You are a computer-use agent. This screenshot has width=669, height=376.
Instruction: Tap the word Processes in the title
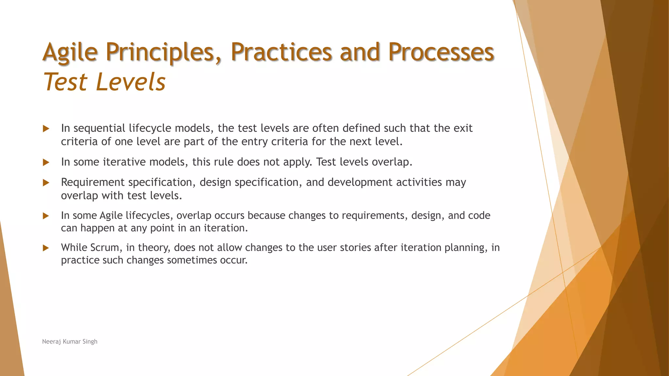[x=441, y=52]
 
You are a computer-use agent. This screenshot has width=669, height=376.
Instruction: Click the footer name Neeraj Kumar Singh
[x=70, y=341]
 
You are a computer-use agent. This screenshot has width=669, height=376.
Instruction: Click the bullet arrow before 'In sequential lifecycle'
[x=46, y=129]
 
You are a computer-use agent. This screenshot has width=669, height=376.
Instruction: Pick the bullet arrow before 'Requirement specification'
[x=46, y=183]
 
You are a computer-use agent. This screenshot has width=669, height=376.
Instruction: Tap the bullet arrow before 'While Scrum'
[x=46, y=248]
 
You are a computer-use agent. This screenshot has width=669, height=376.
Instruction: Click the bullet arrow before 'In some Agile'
[x=46, y=216]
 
